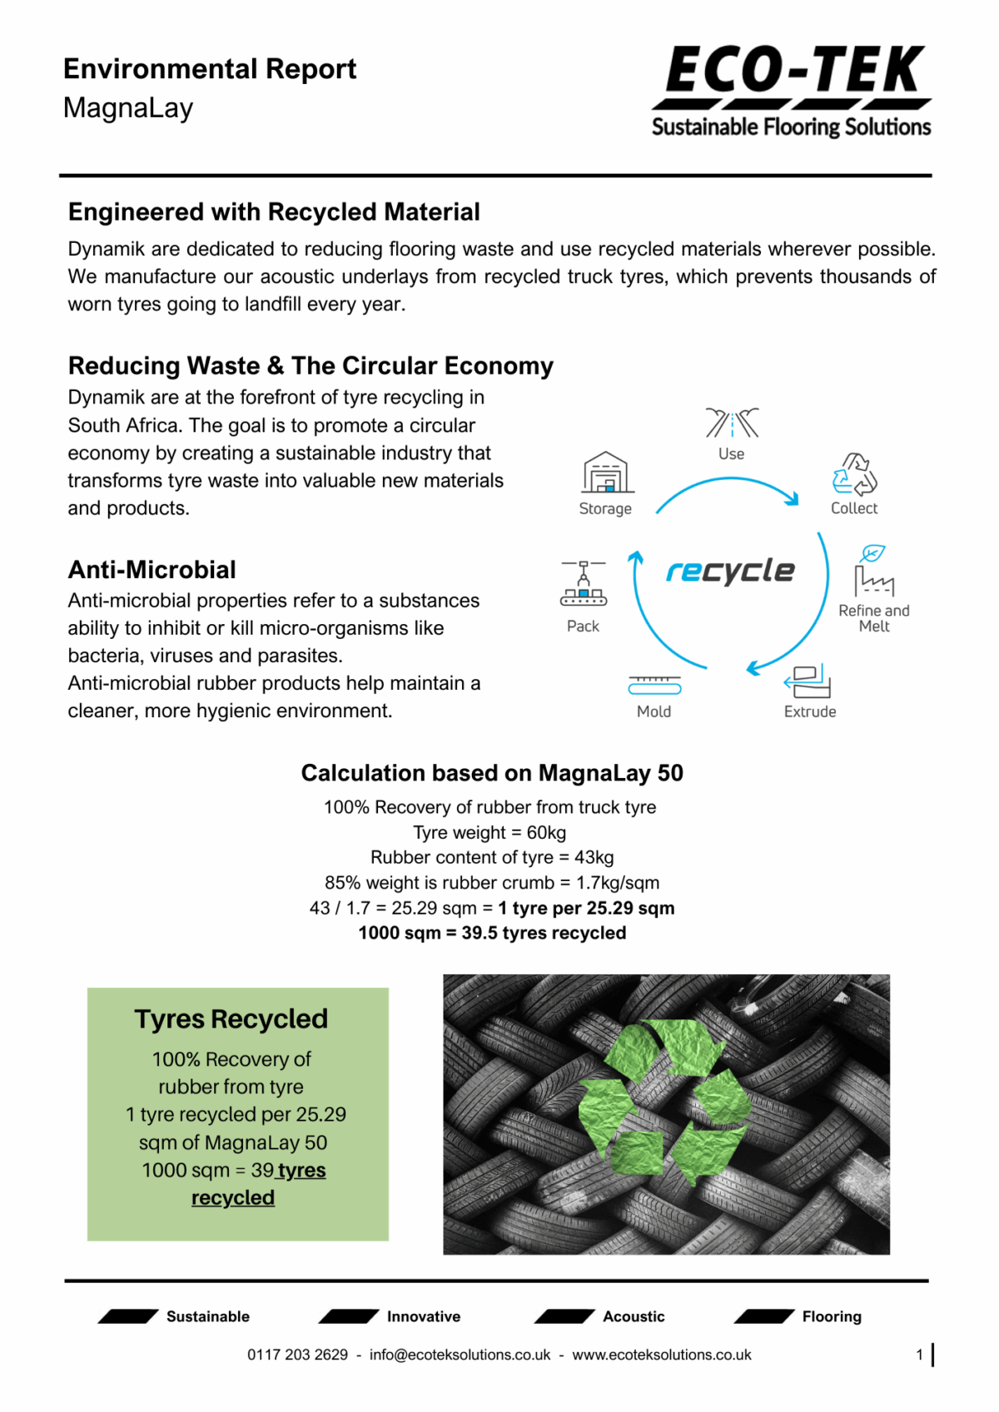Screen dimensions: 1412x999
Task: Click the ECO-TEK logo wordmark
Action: click(x=794, y=71)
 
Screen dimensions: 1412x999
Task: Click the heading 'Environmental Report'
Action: click(x=210, y=69)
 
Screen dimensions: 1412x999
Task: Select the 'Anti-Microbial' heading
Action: click(x=152, y=570)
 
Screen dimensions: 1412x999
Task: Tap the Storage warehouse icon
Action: click(x=606, y=473)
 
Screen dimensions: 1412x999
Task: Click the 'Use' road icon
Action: click(x=732, y=423)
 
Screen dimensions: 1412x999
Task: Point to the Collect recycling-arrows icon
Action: click(x=854, y=474)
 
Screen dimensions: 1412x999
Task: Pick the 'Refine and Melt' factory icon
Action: click(x=872, y=571)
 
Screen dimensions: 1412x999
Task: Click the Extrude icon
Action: click(x=808, y=681)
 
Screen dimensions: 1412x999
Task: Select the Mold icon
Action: click(x=654, y=685)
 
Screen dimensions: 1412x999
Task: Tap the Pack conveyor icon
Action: click(x=584, y=583)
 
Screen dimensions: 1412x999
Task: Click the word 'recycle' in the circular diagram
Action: click(x=730, y=571)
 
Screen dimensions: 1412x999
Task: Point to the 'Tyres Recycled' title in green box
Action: click(x=231, y=1019)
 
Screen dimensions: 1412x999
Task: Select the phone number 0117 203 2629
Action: click(x=297, y=1355)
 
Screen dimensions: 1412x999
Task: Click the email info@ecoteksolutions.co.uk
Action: click(x=460, y=1355)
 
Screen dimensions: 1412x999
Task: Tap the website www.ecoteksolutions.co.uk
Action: click(x=662, y=1355)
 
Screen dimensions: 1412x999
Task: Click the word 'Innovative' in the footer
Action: click(x=423, y=1316)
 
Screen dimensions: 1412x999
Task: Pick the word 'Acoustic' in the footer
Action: click(x=634, y=1316)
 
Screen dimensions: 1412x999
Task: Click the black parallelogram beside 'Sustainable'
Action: click(x=128, y=1316)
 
